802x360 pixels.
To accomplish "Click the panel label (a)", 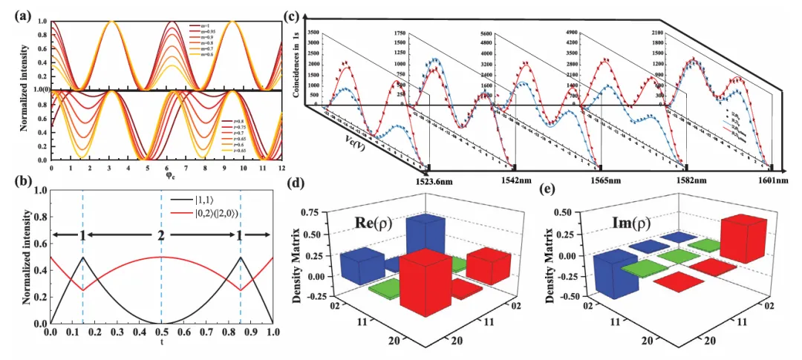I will (14, 10).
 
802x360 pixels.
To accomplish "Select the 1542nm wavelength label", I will (515, 180).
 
